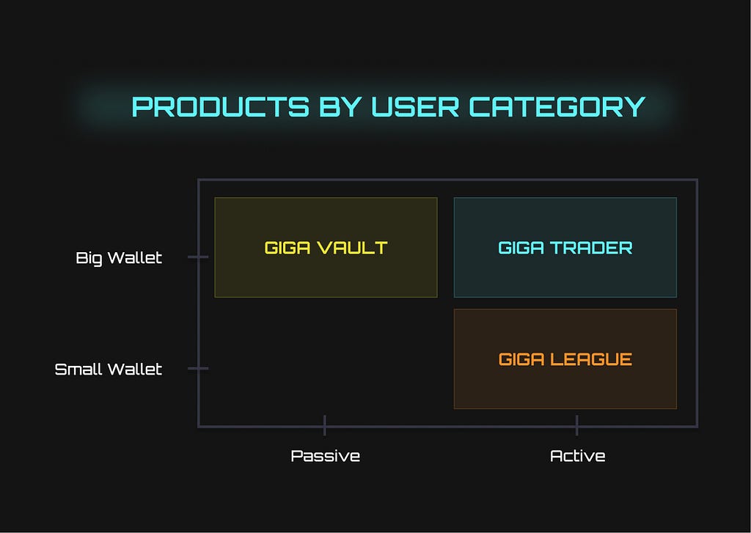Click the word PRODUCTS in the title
220,107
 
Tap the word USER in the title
415,107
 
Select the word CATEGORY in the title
557,107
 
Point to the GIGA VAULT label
326,248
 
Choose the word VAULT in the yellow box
352,248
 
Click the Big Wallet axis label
119,258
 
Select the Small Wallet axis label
109,370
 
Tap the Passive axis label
325,455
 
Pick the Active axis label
578,455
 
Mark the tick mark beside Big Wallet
198,257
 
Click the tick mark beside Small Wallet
198,368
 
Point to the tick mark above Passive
325,425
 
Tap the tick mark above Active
576,425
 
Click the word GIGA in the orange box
521,359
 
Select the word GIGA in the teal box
521,248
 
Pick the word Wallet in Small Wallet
135,370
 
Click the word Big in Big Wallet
89,258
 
